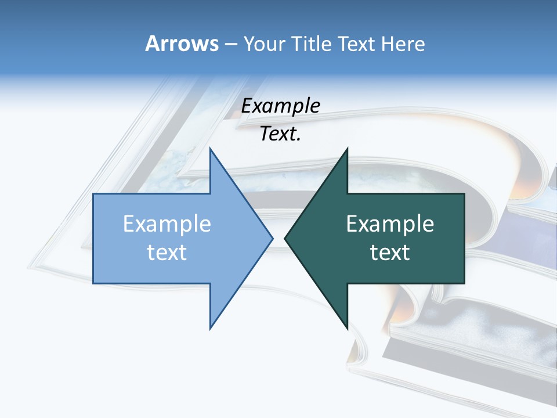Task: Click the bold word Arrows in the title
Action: [x=182, y=44]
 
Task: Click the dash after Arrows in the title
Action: [x=230, y=44]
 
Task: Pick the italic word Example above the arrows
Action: [x=280, y=106]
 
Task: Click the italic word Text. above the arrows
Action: [x=280, y=134]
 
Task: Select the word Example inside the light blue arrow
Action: [x=167, y=224]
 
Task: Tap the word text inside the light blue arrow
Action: [x=167, y=253]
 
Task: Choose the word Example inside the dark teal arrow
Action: [x=390, y=224]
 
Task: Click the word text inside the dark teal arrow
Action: [x=390, y=253]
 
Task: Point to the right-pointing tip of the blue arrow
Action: [x=272, y=238]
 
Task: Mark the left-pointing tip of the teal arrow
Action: [x=285, y=238]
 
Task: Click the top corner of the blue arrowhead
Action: [x=210, y=149]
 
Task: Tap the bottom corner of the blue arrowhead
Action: [x=210, y=329]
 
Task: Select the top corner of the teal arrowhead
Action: [x=347, y=149]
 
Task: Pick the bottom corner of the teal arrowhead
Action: [x=347, y=329]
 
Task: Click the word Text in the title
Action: [x=356, y=44]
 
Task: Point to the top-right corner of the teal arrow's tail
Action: [x=464, y=194]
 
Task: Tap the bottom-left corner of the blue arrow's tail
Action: [x=93, y=283]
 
